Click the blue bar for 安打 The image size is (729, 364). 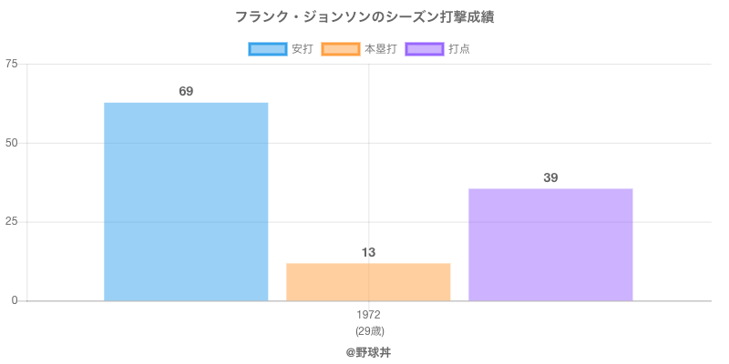pyautogui.click(x=186, y=201)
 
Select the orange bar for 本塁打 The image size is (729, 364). pyautogui.click(x=368, y=282)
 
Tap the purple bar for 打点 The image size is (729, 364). pyautogui.click(x=550, y=244)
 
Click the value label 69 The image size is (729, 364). pyautogui.click(x=186, y=91)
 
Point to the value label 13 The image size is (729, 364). pyautogui.click(x=368, y=252)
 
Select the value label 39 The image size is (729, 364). pyautogui.click(x=550, y=177)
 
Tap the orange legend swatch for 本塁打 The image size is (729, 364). pyautogui.click(x=340, y=49)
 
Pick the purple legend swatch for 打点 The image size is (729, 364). pyautogui.click(x=425, y=49)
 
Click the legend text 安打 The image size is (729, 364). pyautogui.click(x=302, y=49)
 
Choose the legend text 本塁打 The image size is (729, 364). pyautogui.click(x=380, y=49)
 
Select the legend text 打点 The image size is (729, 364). pyautogui.click(x=459, y=49)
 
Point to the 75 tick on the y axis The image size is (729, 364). pyautogui.click(x=12, y=64)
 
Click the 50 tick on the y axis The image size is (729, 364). pyautogui.click(x=12, y=143)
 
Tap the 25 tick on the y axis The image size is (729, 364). pyautogui.click(x=12, y=222)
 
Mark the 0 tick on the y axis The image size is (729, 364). pyautogui.click(x=15, y=300)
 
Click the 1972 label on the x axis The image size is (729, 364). pyautogui.click(x=368, y=315)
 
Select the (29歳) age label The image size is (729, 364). pyautogui.click(x=368, y=330)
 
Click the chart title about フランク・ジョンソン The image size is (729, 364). pyautogui.click(x=364, y=17)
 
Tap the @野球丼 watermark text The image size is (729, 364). pyautogui.click(x=368, y=351)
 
